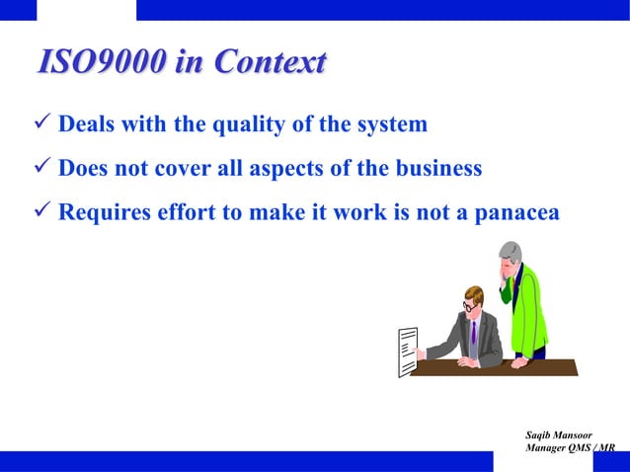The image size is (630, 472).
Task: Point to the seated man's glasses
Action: (x=467, y=306)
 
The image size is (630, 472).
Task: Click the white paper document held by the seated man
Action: (x=406, y=352)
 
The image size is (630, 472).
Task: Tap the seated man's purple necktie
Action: (x=474, y=333)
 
